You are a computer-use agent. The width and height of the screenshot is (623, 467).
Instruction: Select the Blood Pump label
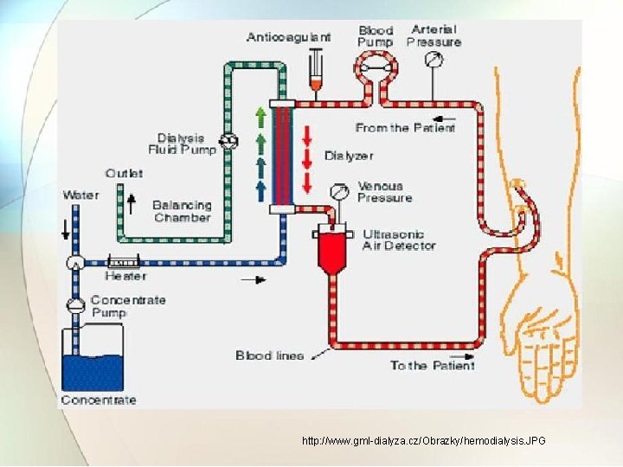pyautogui.click(x=376, y=36)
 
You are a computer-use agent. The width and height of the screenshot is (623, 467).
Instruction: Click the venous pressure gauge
pyautogui.click(x=343, y=189)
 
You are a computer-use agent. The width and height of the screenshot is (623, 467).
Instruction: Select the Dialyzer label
pyautogui.click(x=349, y=156)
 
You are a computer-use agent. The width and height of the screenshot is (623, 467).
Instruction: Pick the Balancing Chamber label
pyautogui.click(x=182, y=211)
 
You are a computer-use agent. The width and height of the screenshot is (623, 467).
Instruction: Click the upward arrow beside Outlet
pyautogui.click(x=132, y=202)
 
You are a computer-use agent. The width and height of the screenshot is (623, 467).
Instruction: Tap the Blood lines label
pyautogui.click(x=269, y=355)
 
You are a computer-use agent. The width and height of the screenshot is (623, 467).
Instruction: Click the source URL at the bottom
pyautogui.click(x=423, y=441)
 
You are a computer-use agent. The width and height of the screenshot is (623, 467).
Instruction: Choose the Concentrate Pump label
pyautogui.click(x=127, y=306)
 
